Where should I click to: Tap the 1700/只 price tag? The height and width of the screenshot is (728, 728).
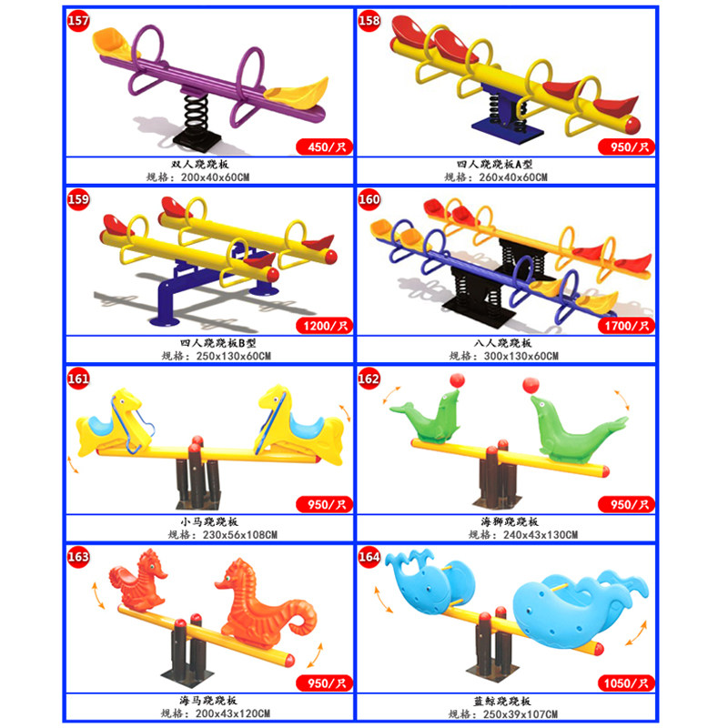[x=623, y=324]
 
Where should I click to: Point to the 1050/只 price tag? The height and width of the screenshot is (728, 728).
[x=623, y=682]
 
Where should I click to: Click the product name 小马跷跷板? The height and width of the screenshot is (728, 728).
[x=209, y=522]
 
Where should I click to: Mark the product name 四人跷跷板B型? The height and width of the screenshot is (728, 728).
[x=209, y=343]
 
